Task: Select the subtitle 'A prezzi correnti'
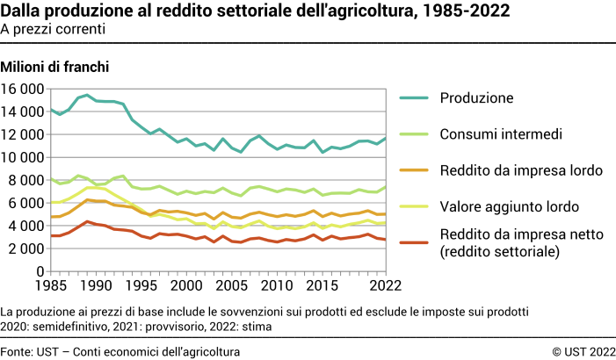coord(54,28)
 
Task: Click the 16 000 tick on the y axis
coord(22,89)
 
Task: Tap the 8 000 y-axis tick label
coord(26,180)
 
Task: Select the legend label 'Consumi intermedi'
coord(502,134)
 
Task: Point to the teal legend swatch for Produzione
coord(417,97)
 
